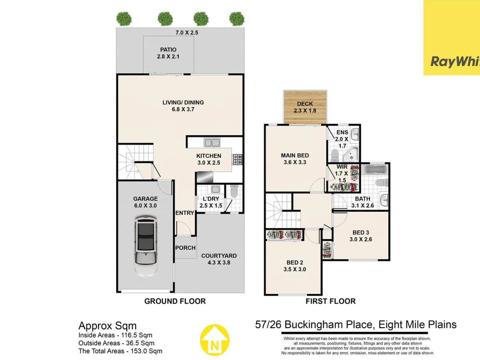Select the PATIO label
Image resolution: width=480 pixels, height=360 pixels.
click(168, 50)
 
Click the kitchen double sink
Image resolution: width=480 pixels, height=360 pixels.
click(212, 142)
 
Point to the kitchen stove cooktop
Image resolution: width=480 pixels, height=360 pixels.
click(237, 160)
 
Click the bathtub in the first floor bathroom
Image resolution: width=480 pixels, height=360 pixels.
click(375, 170)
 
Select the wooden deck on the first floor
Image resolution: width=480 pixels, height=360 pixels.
click(305, 107)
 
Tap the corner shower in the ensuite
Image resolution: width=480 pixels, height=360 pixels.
click(352, 153)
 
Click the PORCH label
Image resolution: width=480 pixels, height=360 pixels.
click(185, 248)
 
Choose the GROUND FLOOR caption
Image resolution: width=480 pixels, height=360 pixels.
click(175, 301)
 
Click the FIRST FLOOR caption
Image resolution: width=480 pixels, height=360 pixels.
click(330, 301)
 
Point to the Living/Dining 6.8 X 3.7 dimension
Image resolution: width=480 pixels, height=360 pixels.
click(183, 109)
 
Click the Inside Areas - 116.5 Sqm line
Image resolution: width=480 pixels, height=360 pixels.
click(115, 335)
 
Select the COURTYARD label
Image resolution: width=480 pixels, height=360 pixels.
click(219, 256)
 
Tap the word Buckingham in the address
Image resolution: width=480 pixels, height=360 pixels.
click(318, 324)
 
